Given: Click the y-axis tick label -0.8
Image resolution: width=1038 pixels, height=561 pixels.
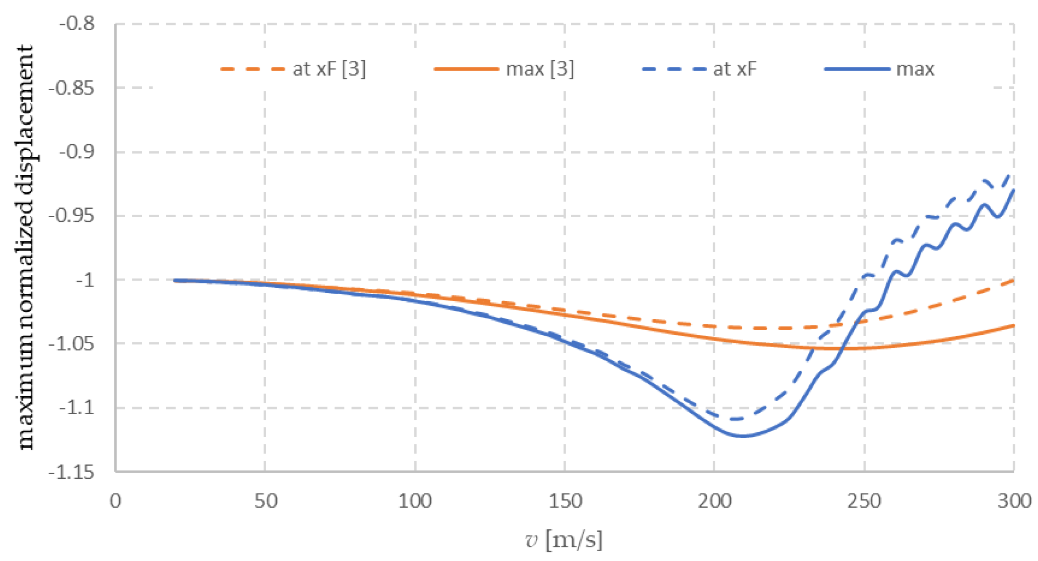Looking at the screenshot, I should pos(77,23).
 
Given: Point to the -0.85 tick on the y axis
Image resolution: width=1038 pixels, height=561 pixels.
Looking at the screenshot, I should pos(71,88).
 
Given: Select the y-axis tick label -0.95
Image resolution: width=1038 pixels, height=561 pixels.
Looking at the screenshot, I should pos(71,216).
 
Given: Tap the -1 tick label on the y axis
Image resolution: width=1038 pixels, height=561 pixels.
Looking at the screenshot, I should pos(85,280).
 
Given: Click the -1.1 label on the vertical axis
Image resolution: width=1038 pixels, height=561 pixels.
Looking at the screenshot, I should pos(77,408).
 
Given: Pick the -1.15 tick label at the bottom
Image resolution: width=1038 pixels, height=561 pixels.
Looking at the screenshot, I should pos(71,472).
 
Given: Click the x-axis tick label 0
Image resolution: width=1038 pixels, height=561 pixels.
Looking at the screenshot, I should pos(115,501).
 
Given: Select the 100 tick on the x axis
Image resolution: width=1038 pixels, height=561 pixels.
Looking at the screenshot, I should pos(415,501).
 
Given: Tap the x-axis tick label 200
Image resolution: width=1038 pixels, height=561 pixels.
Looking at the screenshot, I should pos(714,501).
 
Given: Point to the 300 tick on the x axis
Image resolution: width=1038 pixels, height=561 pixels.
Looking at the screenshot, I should pos(1014,501).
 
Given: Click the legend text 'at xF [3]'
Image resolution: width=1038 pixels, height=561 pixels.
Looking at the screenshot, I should pos(329,69).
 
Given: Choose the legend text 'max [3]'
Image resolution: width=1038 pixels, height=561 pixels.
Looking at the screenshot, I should pos(540,69).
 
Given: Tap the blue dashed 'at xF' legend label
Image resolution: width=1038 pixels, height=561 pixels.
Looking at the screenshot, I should pos(735,69).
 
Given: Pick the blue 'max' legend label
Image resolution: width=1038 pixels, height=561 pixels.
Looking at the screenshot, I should pos(915,69).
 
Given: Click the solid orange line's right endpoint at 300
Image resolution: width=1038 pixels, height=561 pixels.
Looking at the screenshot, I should pos(1014,325).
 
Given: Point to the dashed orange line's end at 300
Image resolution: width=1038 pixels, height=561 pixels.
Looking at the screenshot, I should pos(1014,280).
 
